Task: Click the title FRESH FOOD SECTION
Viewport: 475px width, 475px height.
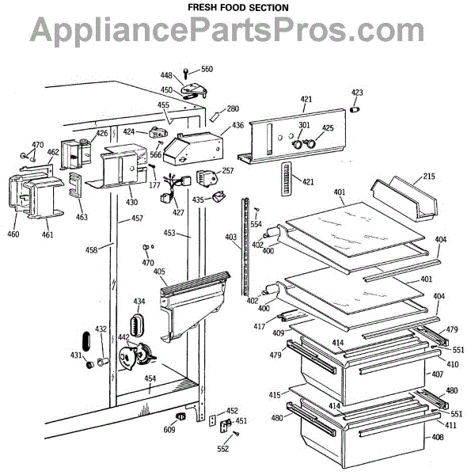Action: coord(237,7)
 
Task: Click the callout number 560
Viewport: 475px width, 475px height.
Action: coord(207,70)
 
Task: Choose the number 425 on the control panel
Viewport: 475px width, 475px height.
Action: coord(328,128)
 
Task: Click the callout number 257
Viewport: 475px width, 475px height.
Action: coord(228,171)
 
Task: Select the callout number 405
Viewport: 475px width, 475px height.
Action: coord(159,272)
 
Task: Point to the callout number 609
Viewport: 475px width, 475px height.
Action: coord(169,430)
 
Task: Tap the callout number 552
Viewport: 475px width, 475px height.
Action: coord(223,449)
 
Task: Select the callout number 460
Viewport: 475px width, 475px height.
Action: coord(13,234)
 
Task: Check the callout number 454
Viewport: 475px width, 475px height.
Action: coord(150,378)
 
